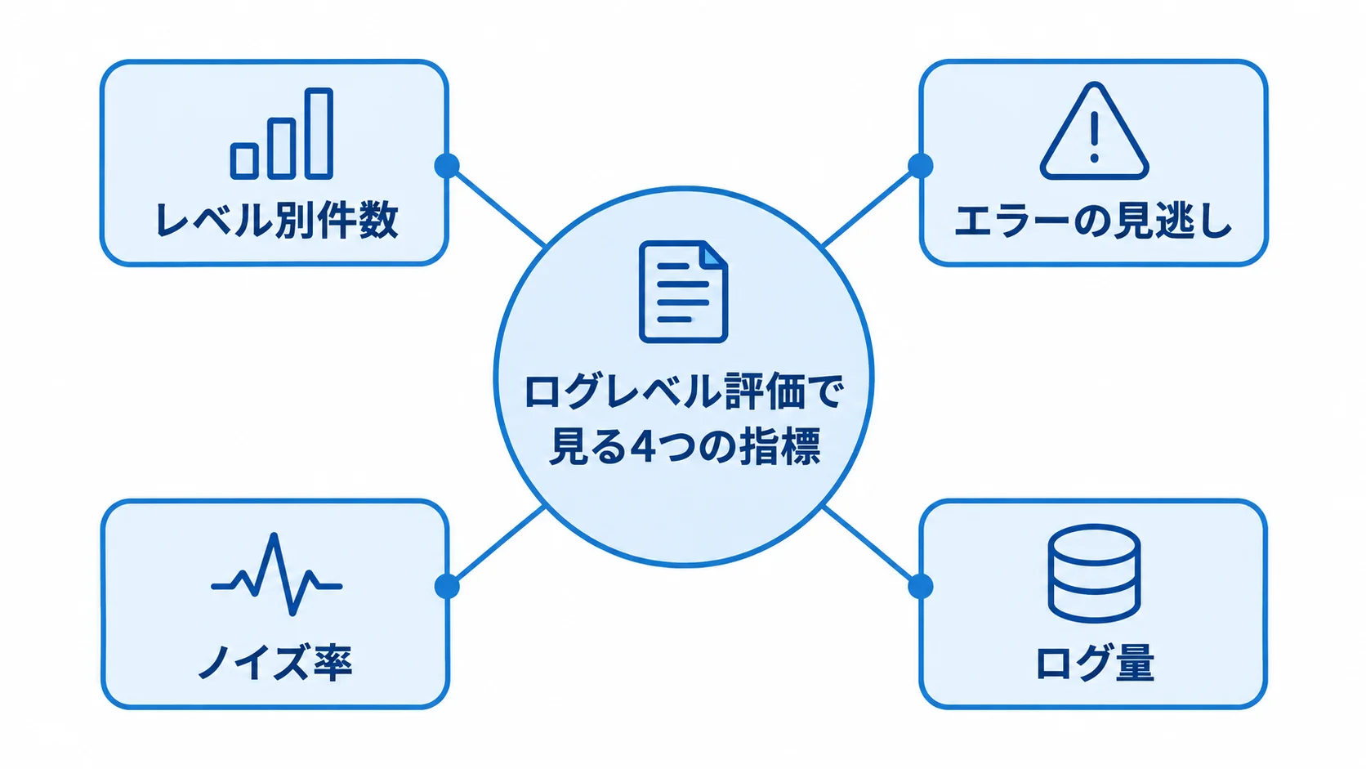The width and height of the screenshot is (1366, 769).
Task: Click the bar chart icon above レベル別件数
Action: (281, 133)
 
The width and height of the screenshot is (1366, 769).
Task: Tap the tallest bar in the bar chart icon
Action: (319, 133)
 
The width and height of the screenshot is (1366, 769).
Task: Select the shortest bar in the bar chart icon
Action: (244, 161)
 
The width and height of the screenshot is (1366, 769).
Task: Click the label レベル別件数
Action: (277, 220)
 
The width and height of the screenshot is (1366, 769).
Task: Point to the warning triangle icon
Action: (1094, 131)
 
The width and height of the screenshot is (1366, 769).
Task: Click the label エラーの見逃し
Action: (1093, 220)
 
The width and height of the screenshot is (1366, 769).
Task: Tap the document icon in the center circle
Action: (683, 292)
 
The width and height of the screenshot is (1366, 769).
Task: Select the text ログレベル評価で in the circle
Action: (683, 391)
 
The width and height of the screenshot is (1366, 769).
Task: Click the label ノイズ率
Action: (275, 662)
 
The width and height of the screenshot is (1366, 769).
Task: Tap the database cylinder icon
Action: (1094, 573)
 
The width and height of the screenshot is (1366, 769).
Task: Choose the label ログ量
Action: (1095, 662)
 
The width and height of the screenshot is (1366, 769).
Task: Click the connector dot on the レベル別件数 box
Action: (447, 165)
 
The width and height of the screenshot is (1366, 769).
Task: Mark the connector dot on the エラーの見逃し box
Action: (920, 165)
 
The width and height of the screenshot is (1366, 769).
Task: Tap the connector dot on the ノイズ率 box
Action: (447, 586)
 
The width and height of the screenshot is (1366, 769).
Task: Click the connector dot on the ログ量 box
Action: (920, 586)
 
